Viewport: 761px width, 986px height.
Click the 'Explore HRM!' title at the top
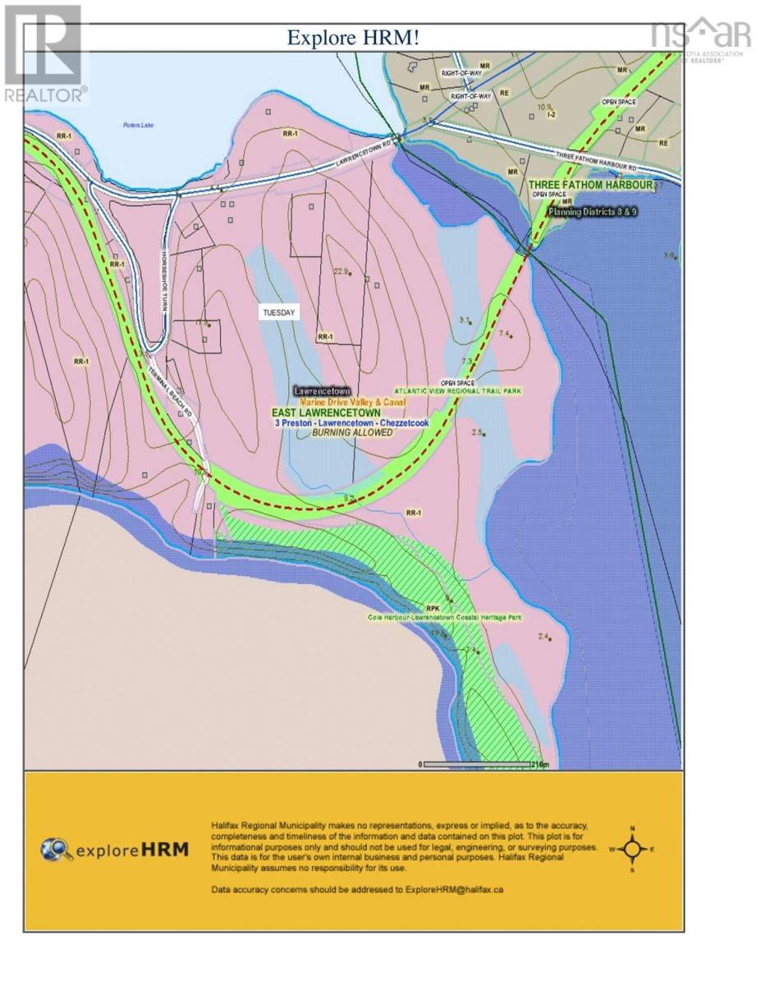point(353,38)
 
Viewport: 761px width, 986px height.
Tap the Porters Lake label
point(134,125)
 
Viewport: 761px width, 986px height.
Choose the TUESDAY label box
point(278,312)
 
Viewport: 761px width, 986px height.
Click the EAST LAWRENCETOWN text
point(327,412)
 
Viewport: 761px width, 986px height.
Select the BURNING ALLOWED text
point(335,432)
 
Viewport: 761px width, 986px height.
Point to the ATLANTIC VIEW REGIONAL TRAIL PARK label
point(458,391)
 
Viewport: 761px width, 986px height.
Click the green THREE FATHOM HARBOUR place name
point(590,185)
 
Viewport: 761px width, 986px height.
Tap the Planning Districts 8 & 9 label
point(593,211)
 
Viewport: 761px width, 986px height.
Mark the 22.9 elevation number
point(342,271)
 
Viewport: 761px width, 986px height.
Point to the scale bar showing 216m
point(484,764)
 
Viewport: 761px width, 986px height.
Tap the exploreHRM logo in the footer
point(115,849)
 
